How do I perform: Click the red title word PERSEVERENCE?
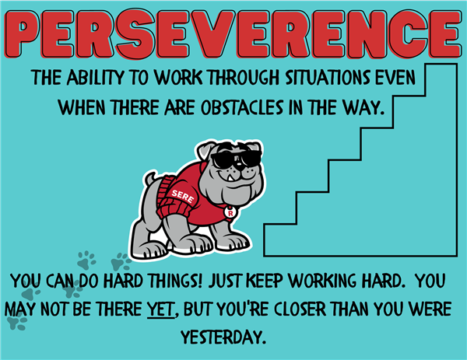tap(233, 34)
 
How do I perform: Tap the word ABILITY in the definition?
tap(95, 77)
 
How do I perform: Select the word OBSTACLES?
tap(241, 107)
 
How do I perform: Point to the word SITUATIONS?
tap(328, 77)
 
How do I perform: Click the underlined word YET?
tap(160, 309)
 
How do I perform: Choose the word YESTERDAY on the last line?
tap(223, 337)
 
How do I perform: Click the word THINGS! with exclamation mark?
tap(175, 281)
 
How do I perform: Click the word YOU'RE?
tap(242, 309)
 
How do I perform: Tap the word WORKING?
tap(322, 281)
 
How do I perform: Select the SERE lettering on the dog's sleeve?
tap(183, 197)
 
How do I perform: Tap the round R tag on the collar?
tap(230, 212)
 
